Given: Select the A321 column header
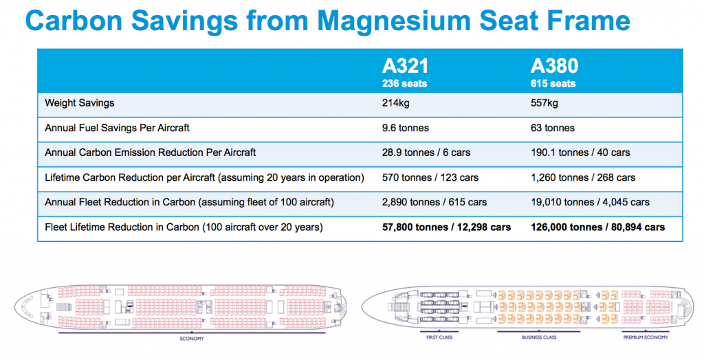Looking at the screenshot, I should coord(406,67).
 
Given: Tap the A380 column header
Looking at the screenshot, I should coord(554,67).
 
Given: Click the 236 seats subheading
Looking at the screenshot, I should coord(404,84).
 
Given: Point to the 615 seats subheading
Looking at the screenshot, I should coord(553,84).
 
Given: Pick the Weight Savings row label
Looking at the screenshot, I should coord(80,103).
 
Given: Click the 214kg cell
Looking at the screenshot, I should coord(396,103).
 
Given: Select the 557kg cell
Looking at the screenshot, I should coord(544,103).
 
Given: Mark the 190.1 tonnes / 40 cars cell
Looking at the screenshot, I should coord(580,153).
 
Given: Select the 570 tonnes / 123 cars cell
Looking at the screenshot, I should coord(430,177).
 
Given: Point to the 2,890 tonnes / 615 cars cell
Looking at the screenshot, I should coord(434,202).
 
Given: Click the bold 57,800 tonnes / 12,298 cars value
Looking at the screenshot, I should coord(446,227).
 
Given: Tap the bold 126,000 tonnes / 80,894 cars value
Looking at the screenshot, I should coord(597,227).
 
